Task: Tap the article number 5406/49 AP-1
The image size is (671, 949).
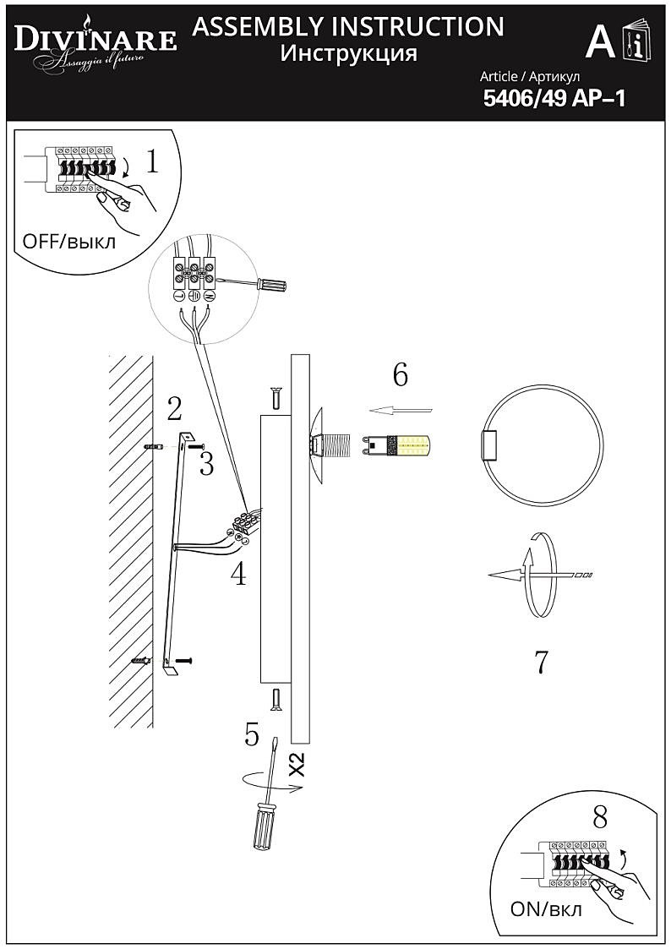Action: [554, 99]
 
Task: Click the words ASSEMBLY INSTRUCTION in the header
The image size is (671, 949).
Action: [348, 26]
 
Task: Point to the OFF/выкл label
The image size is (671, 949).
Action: [69, 241]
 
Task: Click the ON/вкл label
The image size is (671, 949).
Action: [547, 910]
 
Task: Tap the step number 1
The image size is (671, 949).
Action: [152, 160]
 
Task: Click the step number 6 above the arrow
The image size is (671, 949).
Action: [400, 374]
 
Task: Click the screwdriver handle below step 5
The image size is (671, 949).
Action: [262, 826]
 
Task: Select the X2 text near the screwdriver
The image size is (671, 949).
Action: [296, 765]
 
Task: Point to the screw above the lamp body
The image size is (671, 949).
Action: [275, 396]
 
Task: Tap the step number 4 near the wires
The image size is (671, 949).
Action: [239, 575]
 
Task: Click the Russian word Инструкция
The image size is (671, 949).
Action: [348, 54]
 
